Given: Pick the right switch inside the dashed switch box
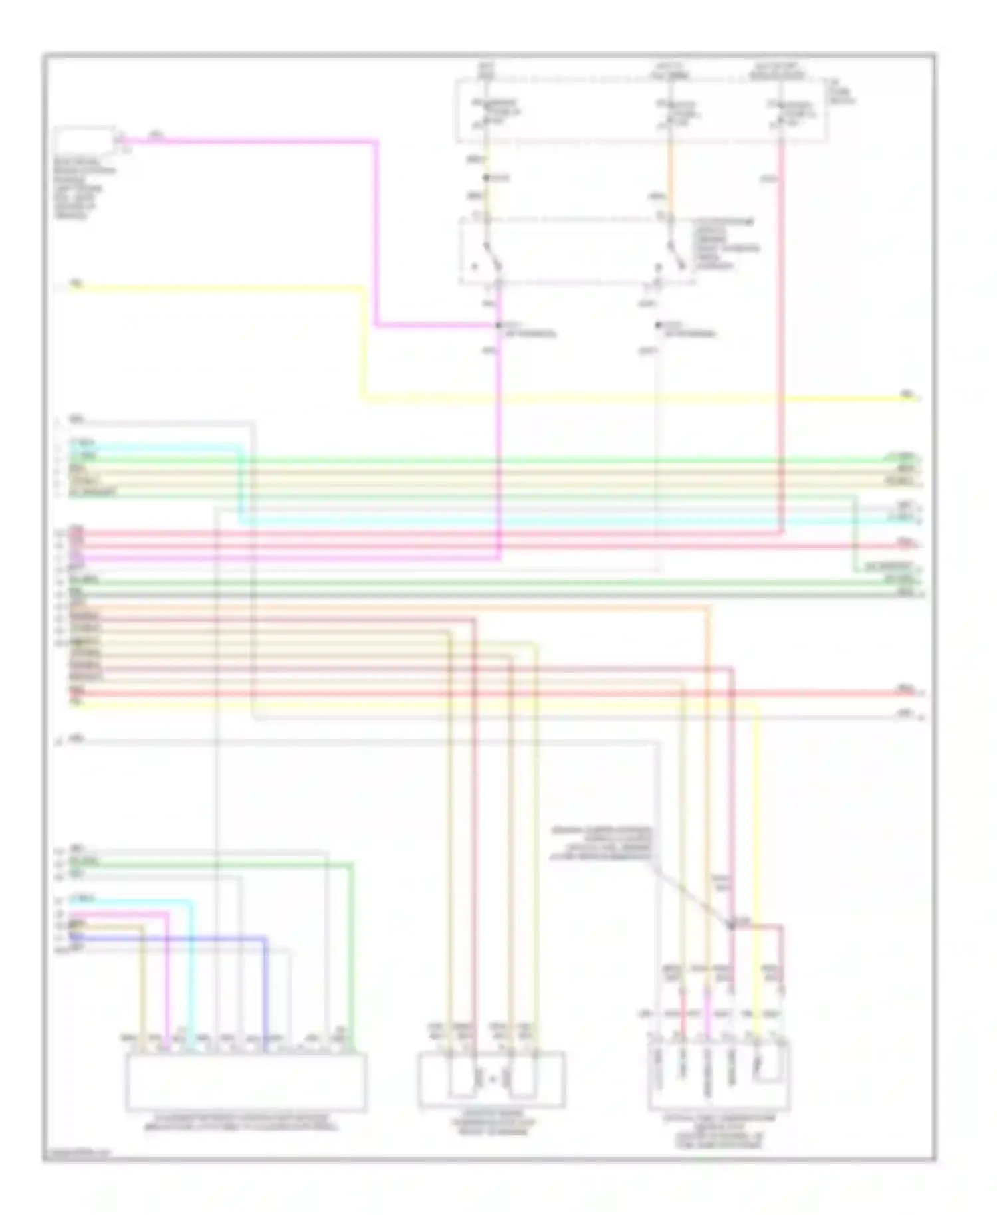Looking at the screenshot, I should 677,256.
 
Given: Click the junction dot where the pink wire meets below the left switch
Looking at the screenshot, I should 498,325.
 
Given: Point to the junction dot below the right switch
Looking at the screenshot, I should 658,325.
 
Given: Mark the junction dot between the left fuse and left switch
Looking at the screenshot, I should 486,178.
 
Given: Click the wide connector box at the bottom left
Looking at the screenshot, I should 245,1081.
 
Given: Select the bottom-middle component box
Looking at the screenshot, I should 491,1079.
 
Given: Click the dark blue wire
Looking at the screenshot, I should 199,939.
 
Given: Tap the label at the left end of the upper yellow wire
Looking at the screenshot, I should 76,284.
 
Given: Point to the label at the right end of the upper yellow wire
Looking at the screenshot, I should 907,395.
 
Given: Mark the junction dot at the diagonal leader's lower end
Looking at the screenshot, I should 732,924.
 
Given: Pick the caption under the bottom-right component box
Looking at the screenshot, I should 719,1131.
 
